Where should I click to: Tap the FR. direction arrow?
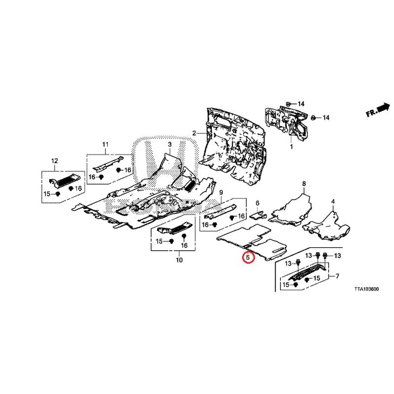point(378,110)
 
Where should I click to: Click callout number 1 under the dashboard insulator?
point(291,147)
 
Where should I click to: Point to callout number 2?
point(195,133)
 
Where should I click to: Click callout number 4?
point(333,202)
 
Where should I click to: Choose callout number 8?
point(304,184)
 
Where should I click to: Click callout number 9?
point(221,192)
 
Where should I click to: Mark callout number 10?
point(179,260)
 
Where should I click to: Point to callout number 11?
point(105,144)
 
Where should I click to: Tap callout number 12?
point(55,161)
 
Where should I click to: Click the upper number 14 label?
point(301,104)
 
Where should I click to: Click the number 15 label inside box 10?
point(159,241)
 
